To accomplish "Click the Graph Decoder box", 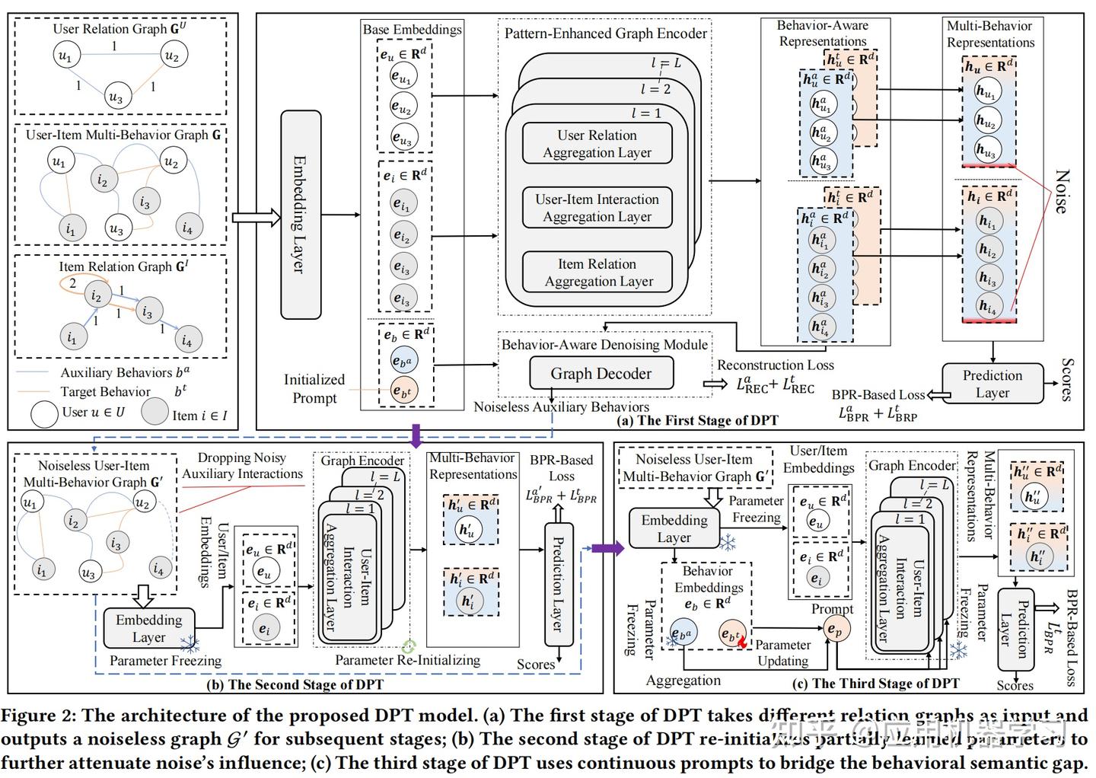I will coord(601,373).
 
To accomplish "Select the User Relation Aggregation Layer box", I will coord(597,144).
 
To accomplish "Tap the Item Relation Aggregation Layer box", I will coord(597,273).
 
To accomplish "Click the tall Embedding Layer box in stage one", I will coord(301,215).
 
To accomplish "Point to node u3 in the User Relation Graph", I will coord(116,96).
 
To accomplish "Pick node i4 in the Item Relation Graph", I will coord(187,340).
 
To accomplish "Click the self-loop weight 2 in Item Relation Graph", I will coord(73,283).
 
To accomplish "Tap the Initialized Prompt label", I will coord(314,388).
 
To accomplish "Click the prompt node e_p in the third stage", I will coord(835,630).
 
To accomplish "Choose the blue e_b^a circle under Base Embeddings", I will coord(403,362).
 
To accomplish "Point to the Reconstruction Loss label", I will coord(775,365).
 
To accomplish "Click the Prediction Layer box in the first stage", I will coord(992,384).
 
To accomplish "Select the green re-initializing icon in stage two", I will coord(409,647).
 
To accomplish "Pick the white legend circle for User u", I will coord(44,413).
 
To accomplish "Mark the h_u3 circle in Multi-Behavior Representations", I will coord(986,150).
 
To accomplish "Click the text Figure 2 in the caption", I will coord(36,716).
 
